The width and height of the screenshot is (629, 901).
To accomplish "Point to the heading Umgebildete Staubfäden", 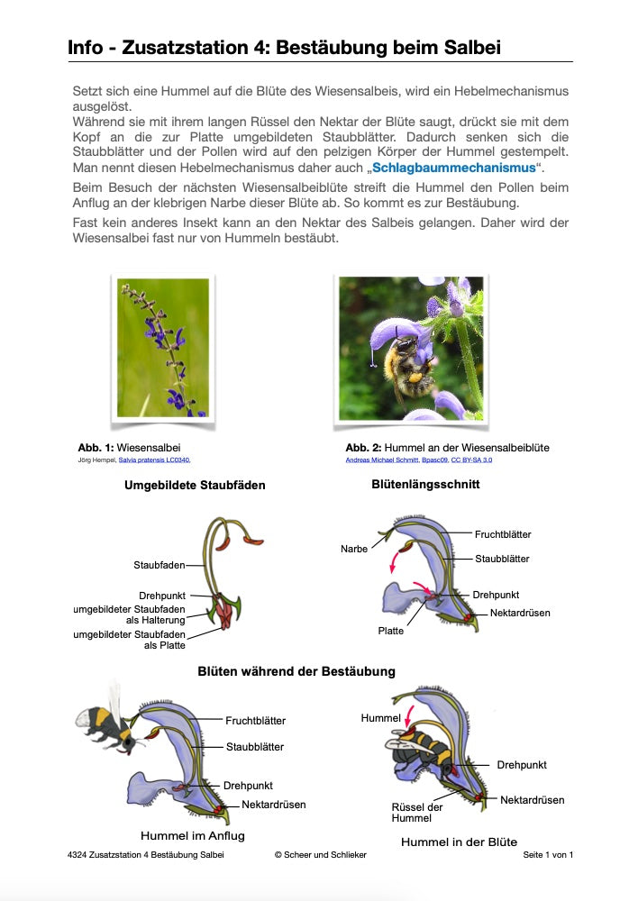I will pos(195,485).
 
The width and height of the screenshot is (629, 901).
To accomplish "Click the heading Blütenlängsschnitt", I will pos(425,484).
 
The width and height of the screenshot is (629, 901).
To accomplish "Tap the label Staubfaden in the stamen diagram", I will pos(159,565).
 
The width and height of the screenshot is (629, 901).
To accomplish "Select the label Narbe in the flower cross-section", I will pos(354,549).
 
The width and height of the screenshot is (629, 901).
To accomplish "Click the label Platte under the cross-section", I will pos(390,631).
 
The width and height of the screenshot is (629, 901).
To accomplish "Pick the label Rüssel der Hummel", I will pos(417,812).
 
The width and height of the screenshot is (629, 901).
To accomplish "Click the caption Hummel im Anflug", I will pos(192,835).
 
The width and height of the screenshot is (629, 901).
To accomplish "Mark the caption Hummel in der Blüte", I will pos(460,842).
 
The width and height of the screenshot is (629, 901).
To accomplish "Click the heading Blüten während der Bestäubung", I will pos(296,671).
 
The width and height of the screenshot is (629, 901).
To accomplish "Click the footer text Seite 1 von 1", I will pos(548,854).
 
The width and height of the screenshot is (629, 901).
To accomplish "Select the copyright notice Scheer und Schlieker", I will pos(321,854).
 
